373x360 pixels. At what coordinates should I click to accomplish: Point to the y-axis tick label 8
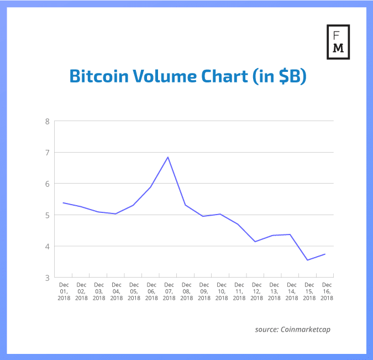(x=48, y=121)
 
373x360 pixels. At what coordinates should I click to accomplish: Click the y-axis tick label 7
(x=48, y=152)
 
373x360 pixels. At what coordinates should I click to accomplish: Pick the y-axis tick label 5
(x=48, y=215)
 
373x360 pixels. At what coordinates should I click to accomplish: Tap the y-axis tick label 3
(x=48, y=277)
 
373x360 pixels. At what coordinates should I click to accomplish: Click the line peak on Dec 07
(x=168, y=157)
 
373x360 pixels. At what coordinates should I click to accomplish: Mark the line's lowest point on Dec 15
(x=307, y=260)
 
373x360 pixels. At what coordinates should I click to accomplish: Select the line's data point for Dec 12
(x=255, y=242)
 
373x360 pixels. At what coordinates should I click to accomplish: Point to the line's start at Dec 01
(x=64, y=203)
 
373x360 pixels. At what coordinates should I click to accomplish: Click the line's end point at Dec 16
(x=325, y=254)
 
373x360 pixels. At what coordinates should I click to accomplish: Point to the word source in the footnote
(x=267, y=330)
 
